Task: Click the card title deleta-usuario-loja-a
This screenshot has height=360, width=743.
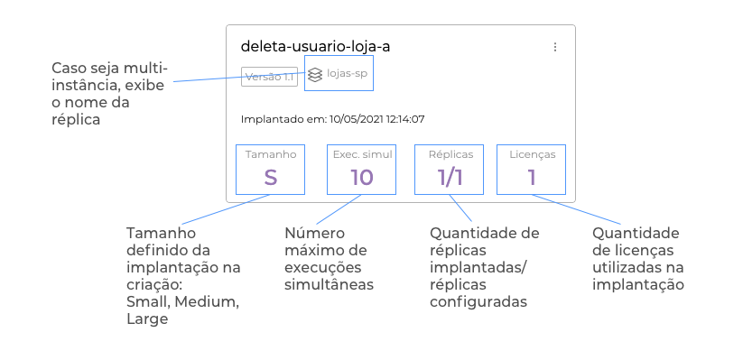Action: (x=316, y=46)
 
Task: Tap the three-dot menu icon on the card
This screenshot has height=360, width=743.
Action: (x=555, y=47)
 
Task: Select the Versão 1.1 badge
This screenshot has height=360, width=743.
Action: (x=270, y=77)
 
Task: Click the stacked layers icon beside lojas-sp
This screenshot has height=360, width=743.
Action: (x=315, y=75)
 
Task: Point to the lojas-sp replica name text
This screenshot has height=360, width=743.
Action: (x=347, y=74)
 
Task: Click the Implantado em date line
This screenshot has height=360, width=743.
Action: (x=332, y=119)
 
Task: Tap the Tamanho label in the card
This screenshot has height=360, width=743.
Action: (x=271, y=154)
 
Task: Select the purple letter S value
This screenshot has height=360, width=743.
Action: (x=271, y=177)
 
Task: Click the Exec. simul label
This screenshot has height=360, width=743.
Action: (x=363, y=154)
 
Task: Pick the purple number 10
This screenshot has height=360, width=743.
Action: (x=362, y=177)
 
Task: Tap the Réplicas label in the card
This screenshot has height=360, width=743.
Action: (x=450, y=154)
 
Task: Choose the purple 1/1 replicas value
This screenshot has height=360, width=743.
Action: (x=450, y=177)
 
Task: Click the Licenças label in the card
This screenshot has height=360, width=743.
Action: (x=533, y=155)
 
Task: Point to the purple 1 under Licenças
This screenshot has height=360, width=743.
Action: (x=532, y=177)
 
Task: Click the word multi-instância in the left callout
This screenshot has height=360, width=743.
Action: (x=109, y=77)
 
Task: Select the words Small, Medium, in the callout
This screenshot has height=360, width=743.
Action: (x=183, y=301)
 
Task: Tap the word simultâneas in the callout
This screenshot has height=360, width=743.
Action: (x=329, y=285)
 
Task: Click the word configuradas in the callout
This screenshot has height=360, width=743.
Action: (x=478, y=301)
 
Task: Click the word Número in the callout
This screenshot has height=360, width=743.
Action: (x=315, y=233)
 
